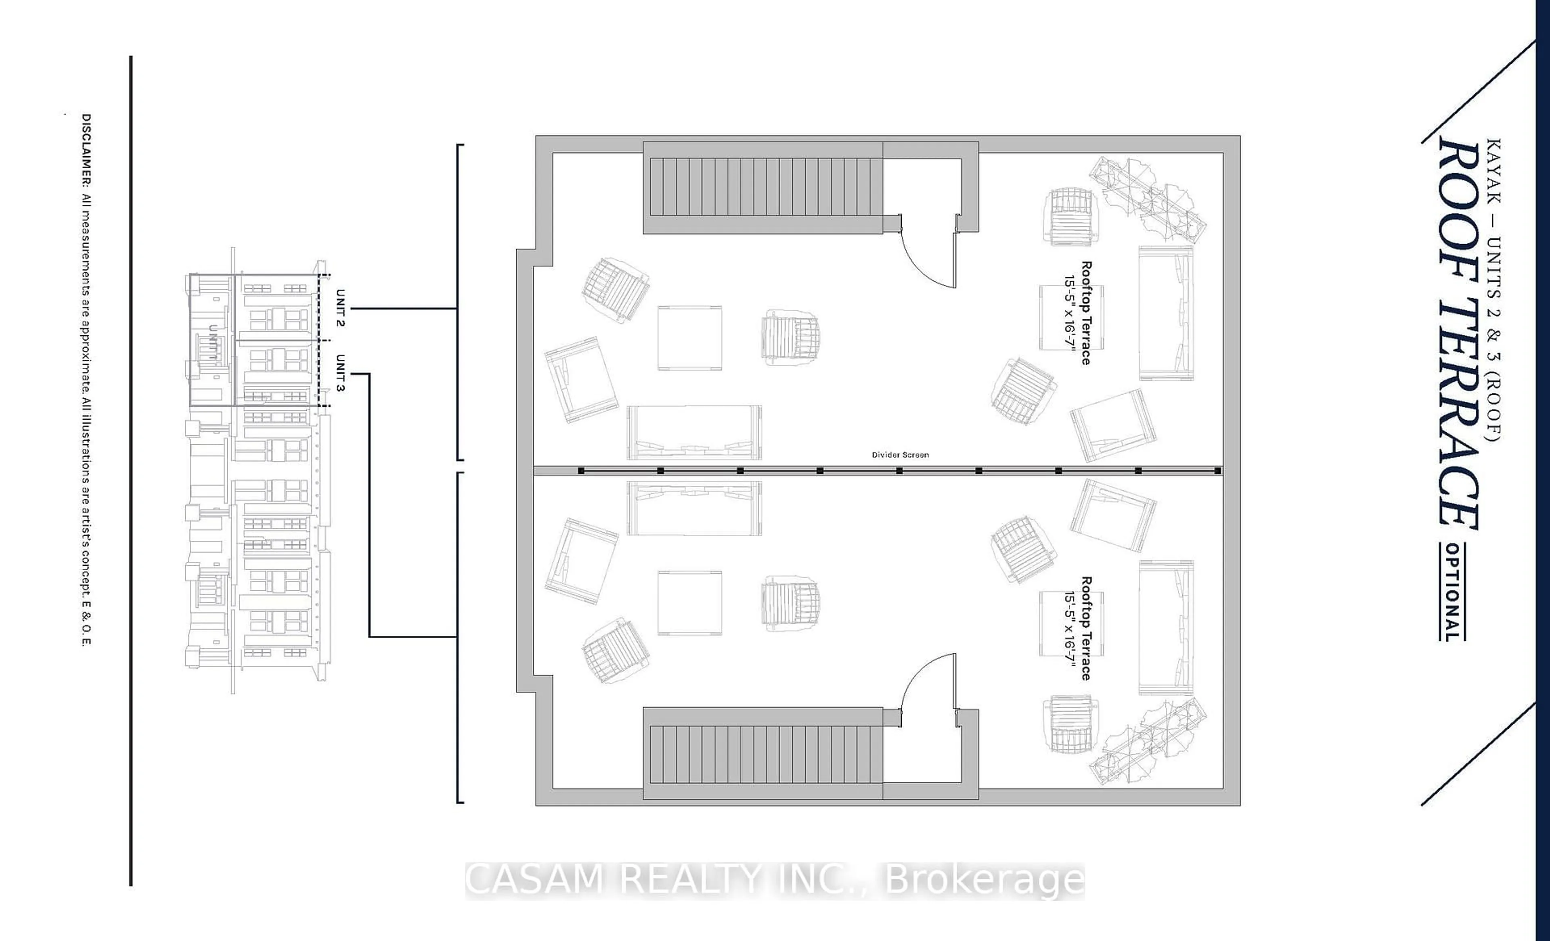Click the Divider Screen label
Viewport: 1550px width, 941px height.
(x=900, y=455)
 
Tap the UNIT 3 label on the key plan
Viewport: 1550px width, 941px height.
(x=340, y=373)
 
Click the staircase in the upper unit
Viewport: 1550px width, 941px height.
(x=762, y=188)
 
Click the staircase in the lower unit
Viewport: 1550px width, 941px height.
(x=762, y=753)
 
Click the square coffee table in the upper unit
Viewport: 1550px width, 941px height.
(x=689, y=338)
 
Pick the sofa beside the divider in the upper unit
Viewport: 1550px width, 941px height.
(x=694, y=432)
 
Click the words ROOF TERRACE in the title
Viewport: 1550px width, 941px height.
(x=1458, y=333)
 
